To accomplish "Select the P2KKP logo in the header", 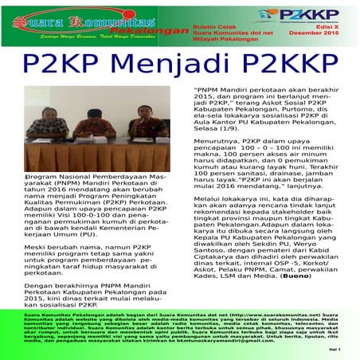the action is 302,15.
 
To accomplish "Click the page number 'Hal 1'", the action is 333,348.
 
